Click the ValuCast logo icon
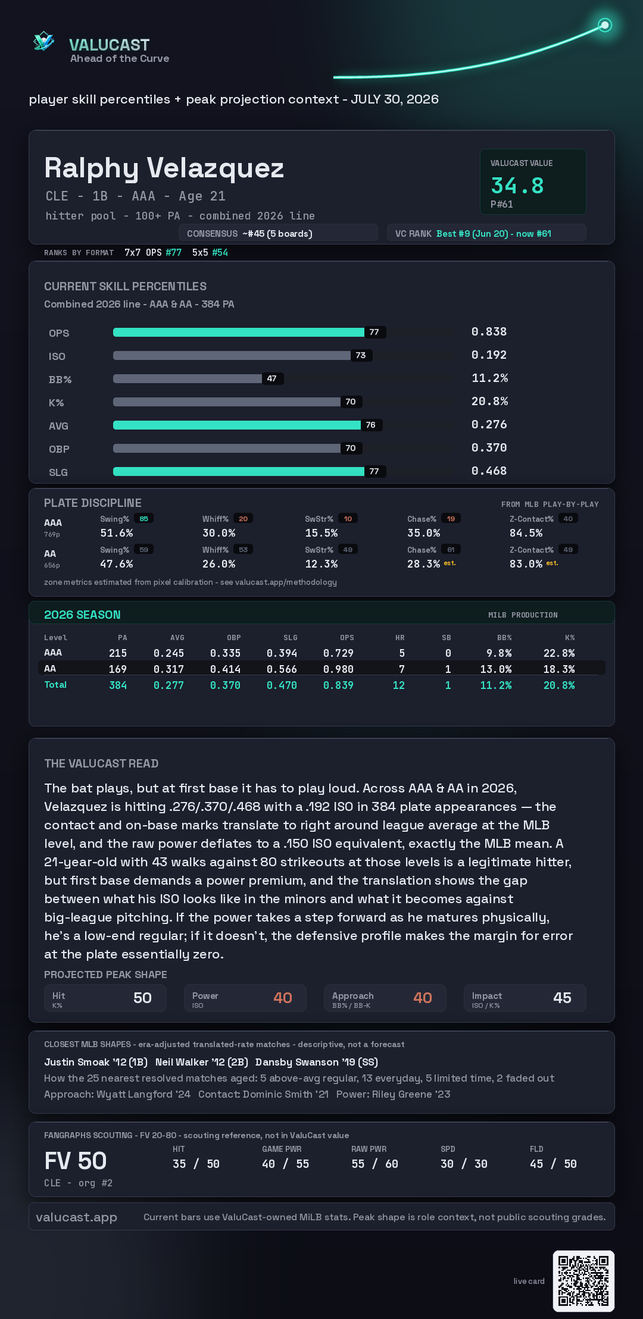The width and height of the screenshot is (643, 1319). point(43,41)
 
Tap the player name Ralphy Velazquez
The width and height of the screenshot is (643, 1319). point(164,168)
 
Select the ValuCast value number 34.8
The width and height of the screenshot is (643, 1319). point(517,186)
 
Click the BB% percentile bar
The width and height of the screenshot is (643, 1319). point(188,378)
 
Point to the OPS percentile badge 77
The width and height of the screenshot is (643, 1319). point(374,332)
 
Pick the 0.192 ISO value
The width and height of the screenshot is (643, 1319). point(489,355)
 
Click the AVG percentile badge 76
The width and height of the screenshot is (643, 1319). point(371,425)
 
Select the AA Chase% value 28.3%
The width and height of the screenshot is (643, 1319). point(423,564)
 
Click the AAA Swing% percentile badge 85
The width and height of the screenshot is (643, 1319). point(143,519)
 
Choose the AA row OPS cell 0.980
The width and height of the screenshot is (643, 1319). point(338,669)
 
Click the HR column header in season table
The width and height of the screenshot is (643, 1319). point(400,638)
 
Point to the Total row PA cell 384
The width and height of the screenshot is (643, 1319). point(118,685)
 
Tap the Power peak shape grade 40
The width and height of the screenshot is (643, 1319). point(283,998)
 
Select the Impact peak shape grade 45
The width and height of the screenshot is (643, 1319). point(562,998)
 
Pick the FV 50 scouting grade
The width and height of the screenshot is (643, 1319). point(76,1161)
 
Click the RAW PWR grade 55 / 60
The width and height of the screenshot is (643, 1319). point(374,1164)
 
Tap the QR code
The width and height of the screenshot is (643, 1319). point(583,1281)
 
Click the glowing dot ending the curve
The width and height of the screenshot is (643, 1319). point(605,25)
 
